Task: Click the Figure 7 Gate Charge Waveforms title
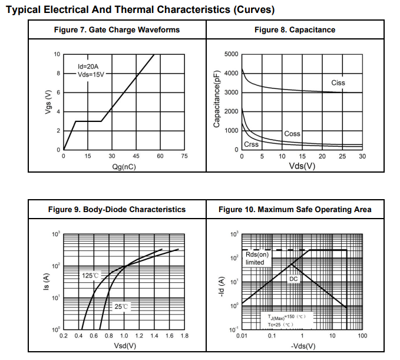(117, 30)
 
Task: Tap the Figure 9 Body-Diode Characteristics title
(117, 209)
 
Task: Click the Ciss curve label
(338, 83)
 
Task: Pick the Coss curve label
(292, 134)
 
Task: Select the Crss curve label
(251, 144)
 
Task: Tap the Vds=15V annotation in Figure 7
(91, 75)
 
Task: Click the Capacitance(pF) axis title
(217, 98)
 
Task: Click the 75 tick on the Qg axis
(184, 157)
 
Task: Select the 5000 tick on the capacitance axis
(232, 55)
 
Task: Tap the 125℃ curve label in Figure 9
(90, 275)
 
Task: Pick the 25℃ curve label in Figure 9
(121, 307)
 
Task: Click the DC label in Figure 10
(293, 279)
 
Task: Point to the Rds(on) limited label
(256, 258)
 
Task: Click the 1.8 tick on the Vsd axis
(184, 336)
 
